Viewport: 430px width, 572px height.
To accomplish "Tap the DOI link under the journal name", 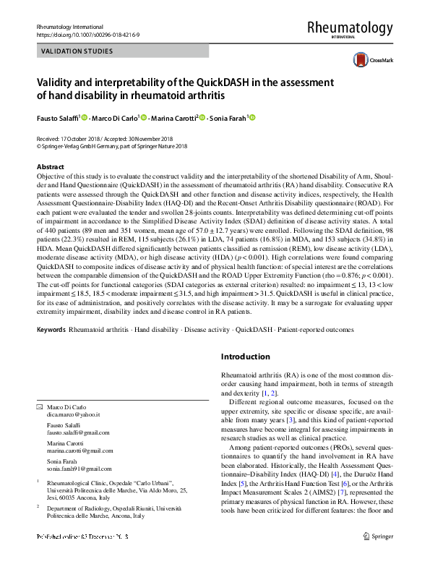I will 85,34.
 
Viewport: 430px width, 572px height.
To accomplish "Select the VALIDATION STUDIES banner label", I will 77,51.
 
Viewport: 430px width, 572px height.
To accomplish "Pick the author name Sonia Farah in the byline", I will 227,118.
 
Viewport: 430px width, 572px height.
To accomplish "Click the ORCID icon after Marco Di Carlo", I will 142,117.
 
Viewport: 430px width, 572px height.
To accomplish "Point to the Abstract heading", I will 50,166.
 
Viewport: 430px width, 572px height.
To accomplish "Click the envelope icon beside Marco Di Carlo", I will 40,407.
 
